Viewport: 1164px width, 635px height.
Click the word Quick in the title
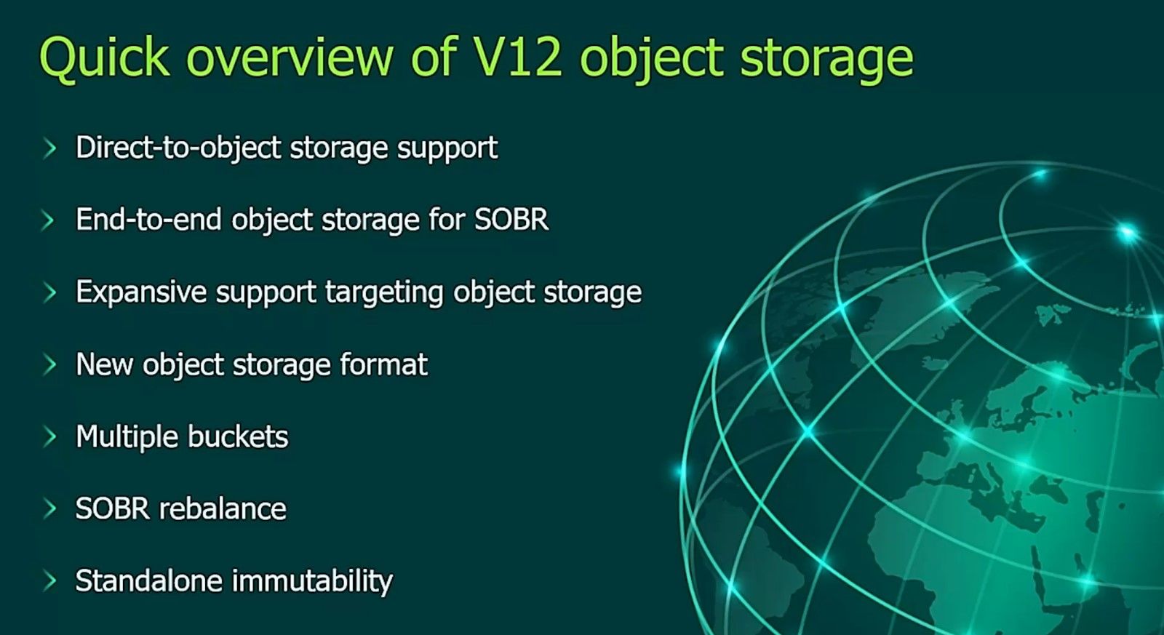click(x=105, y=57)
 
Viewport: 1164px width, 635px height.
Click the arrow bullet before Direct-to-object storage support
click(x=49, y=148)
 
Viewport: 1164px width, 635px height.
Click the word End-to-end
click(x=148, y=220)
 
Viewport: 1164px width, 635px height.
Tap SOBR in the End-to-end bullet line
click(x=511, y=220)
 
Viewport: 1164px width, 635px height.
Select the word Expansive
click(x=141, y=292)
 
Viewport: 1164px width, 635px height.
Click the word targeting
click(x=384, y=292)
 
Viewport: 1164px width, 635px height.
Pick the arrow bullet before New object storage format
click(x=49, y=365)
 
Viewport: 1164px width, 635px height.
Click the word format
click(x=383, y=364)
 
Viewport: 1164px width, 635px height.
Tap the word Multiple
click(x=127, y=436)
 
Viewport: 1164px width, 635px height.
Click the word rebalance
click(x=223, y=508)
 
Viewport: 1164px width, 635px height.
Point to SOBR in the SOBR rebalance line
click(x=113, y=508)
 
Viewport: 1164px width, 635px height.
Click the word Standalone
click(x=149, y=580)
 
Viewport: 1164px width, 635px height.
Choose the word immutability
click(x=312, y=581)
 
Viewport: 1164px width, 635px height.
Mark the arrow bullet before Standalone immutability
click(x=49, y=581)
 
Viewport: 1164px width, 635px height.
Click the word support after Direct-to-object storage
click(x=447, y=149)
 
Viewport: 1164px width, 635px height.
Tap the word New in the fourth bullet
click(x=105, y=364)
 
